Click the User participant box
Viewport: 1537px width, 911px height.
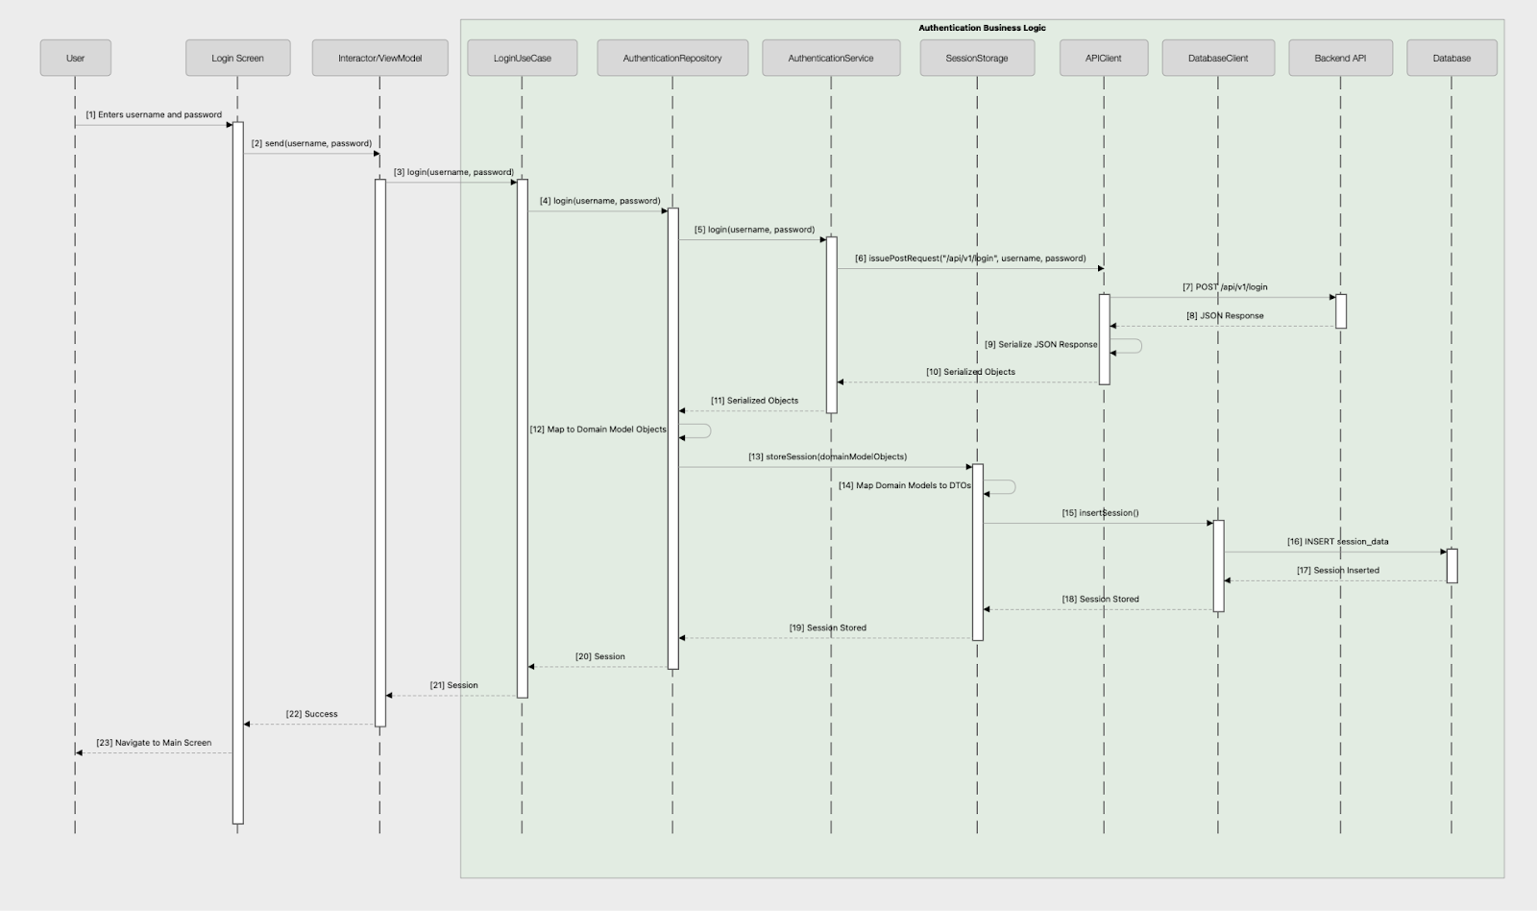click(75, 58)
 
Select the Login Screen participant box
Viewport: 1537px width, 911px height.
click(237, 58)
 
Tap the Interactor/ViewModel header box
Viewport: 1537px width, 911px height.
click(379, 58)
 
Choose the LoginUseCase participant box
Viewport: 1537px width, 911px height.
click(522, 58)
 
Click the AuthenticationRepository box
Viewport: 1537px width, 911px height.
click(672, 58)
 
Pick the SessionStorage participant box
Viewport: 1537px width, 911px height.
click(976, 58)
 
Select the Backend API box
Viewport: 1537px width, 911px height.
click(1340, 58)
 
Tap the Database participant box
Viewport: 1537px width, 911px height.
click(1452, 58)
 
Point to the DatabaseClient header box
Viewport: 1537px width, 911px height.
click(1218, 58)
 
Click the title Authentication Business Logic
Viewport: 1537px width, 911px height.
click(982, 28)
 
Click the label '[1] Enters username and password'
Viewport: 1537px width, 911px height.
click(154, 114)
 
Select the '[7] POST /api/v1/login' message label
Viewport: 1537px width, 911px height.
click(1225, 286)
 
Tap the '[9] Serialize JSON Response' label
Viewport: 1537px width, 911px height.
click(1040, 344)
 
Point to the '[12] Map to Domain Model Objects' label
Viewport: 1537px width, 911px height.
click(598, 430)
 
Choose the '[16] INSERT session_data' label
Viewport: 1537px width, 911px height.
click(1337, 541)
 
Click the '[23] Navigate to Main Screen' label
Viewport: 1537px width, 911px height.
click(154, 743)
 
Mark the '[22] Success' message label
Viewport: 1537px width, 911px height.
click(311, 714)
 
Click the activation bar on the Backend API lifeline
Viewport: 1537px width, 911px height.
click(1341, 310)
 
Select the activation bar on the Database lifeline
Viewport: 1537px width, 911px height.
click(1452, 565)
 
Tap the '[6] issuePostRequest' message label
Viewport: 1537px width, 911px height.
click(970, 259)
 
